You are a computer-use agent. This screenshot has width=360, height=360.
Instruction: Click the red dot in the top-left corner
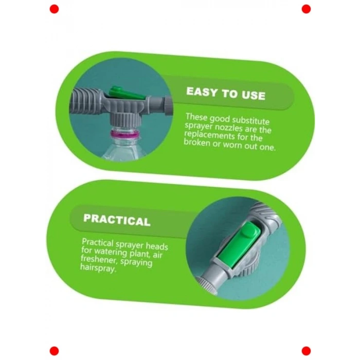click(54, 9)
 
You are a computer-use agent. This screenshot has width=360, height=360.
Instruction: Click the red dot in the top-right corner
click(306, 9)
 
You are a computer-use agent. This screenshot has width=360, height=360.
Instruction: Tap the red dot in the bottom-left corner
click(54, 351)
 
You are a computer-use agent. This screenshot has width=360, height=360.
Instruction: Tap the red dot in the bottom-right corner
click(306, 351)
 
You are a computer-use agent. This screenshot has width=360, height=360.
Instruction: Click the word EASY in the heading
click(202, 92)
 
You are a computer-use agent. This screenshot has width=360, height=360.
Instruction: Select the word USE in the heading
click(254, 95)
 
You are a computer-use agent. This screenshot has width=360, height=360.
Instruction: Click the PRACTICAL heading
click(117, 220)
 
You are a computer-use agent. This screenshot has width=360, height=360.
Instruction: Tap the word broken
click(197, 142)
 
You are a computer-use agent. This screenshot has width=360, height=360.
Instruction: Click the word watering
click(111, 252)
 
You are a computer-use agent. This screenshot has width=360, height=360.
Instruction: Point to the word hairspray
click(98, 268)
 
